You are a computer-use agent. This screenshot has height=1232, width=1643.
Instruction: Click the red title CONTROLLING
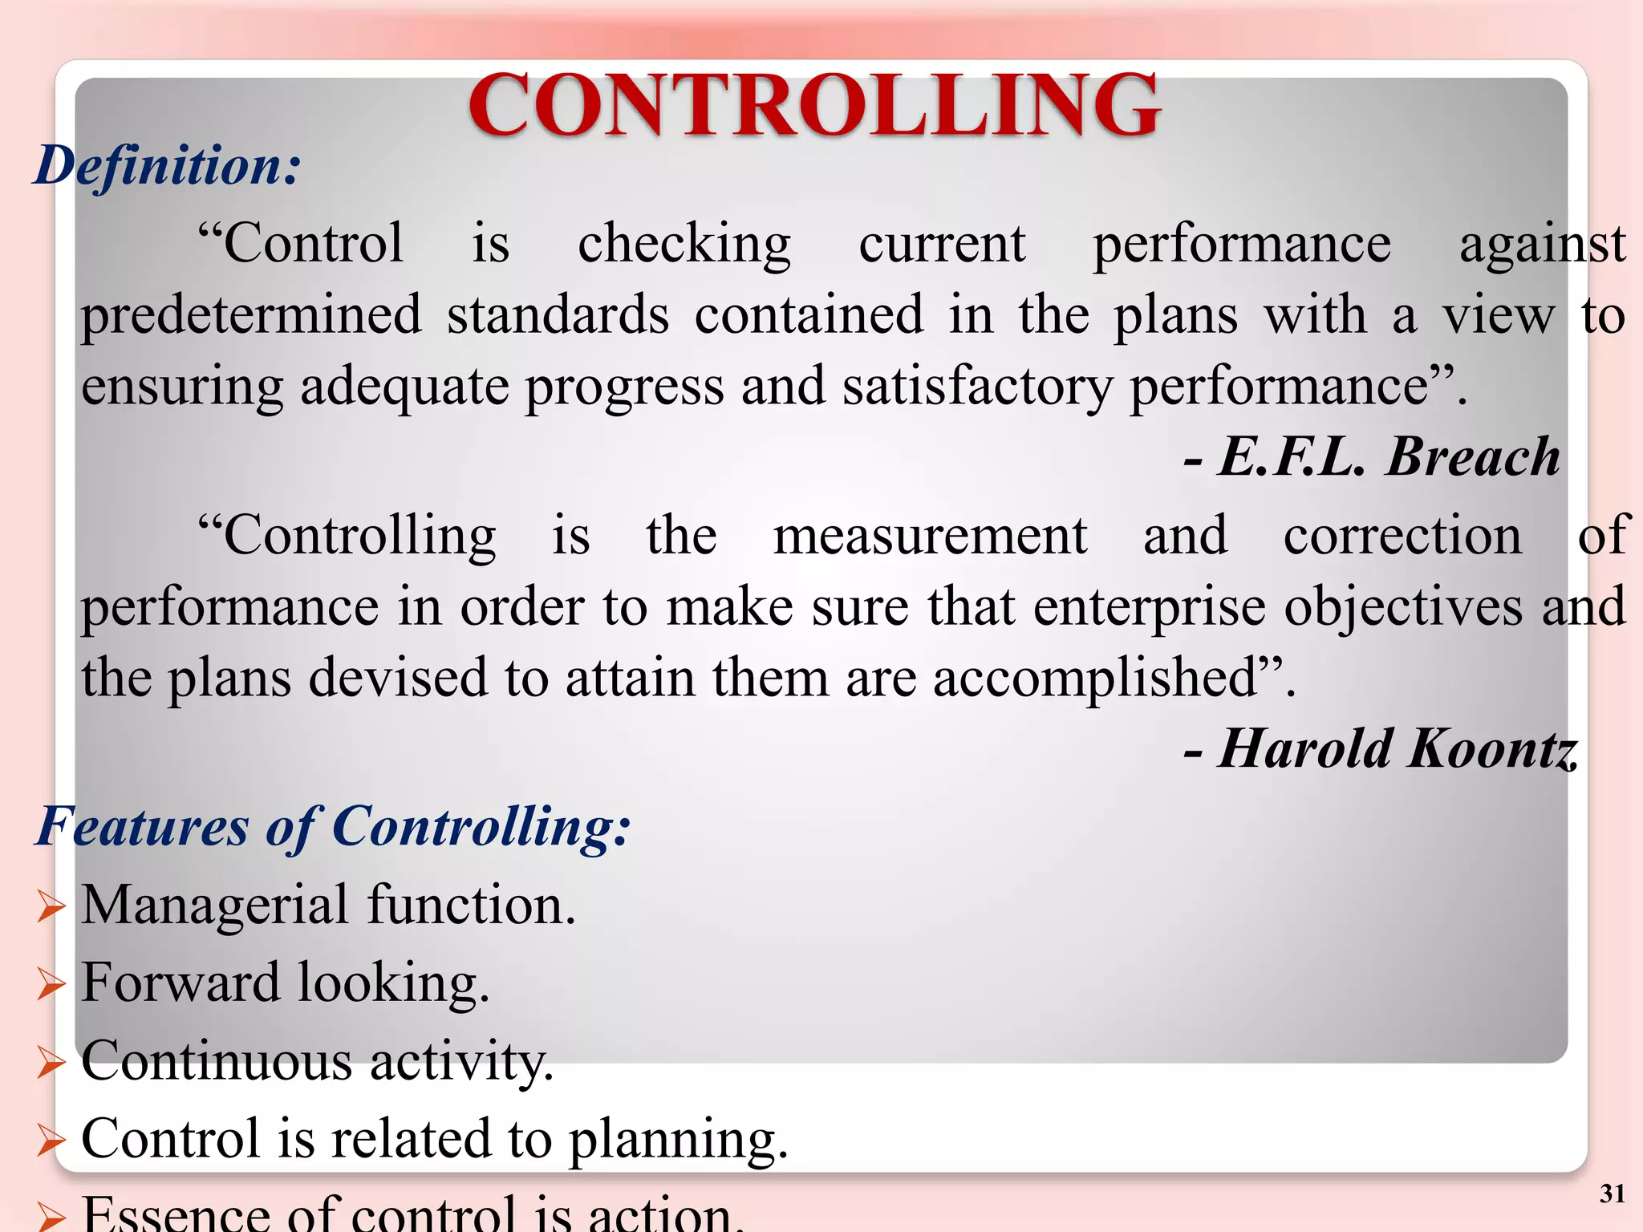[x=813, y=106]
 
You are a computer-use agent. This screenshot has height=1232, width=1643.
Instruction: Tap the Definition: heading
[x=167, y=166]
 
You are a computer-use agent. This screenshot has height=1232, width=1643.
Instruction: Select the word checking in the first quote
[x=684, y=244]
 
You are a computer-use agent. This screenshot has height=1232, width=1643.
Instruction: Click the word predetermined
[x=251, y=314]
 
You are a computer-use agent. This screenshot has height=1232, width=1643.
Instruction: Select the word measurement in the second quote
[x=930, y=536]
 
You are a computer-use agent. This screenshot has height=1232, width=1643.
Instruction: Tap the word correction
[x=1402, y=536]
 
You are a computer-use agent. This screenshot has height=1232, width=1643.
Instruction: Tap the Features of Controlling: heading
[x=333, y=826]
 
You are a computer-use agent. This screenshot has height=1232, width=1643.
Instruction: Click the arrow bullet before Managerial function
[x=51, y=907]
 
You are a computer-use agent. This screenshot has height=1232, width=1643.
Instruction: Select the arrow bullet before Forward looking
[x=51, y=985]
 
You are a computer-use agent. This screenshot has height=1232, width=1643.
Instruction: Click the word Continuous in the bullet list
[x=217, y=1060]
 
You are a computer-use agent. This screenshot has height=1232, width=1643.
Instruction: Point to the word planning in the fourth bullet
[x=678, y=1139]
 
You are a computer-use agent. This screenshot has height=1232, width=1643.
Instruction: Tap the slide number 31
[x=1612, y=1194]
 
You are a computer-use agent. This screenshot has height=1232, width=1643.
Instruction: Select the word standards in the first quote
[x=558, y=314]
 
